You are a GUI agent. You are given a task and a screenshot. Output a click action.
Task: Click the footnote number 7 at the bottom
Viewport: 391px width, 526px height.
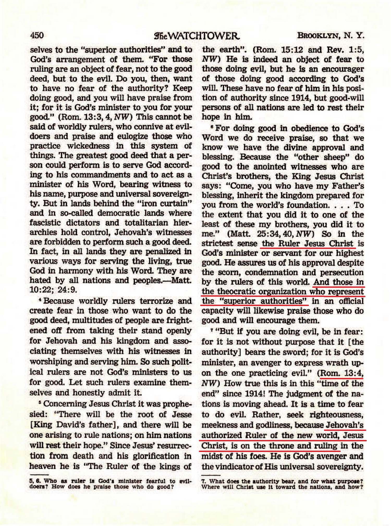point(204,481)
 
